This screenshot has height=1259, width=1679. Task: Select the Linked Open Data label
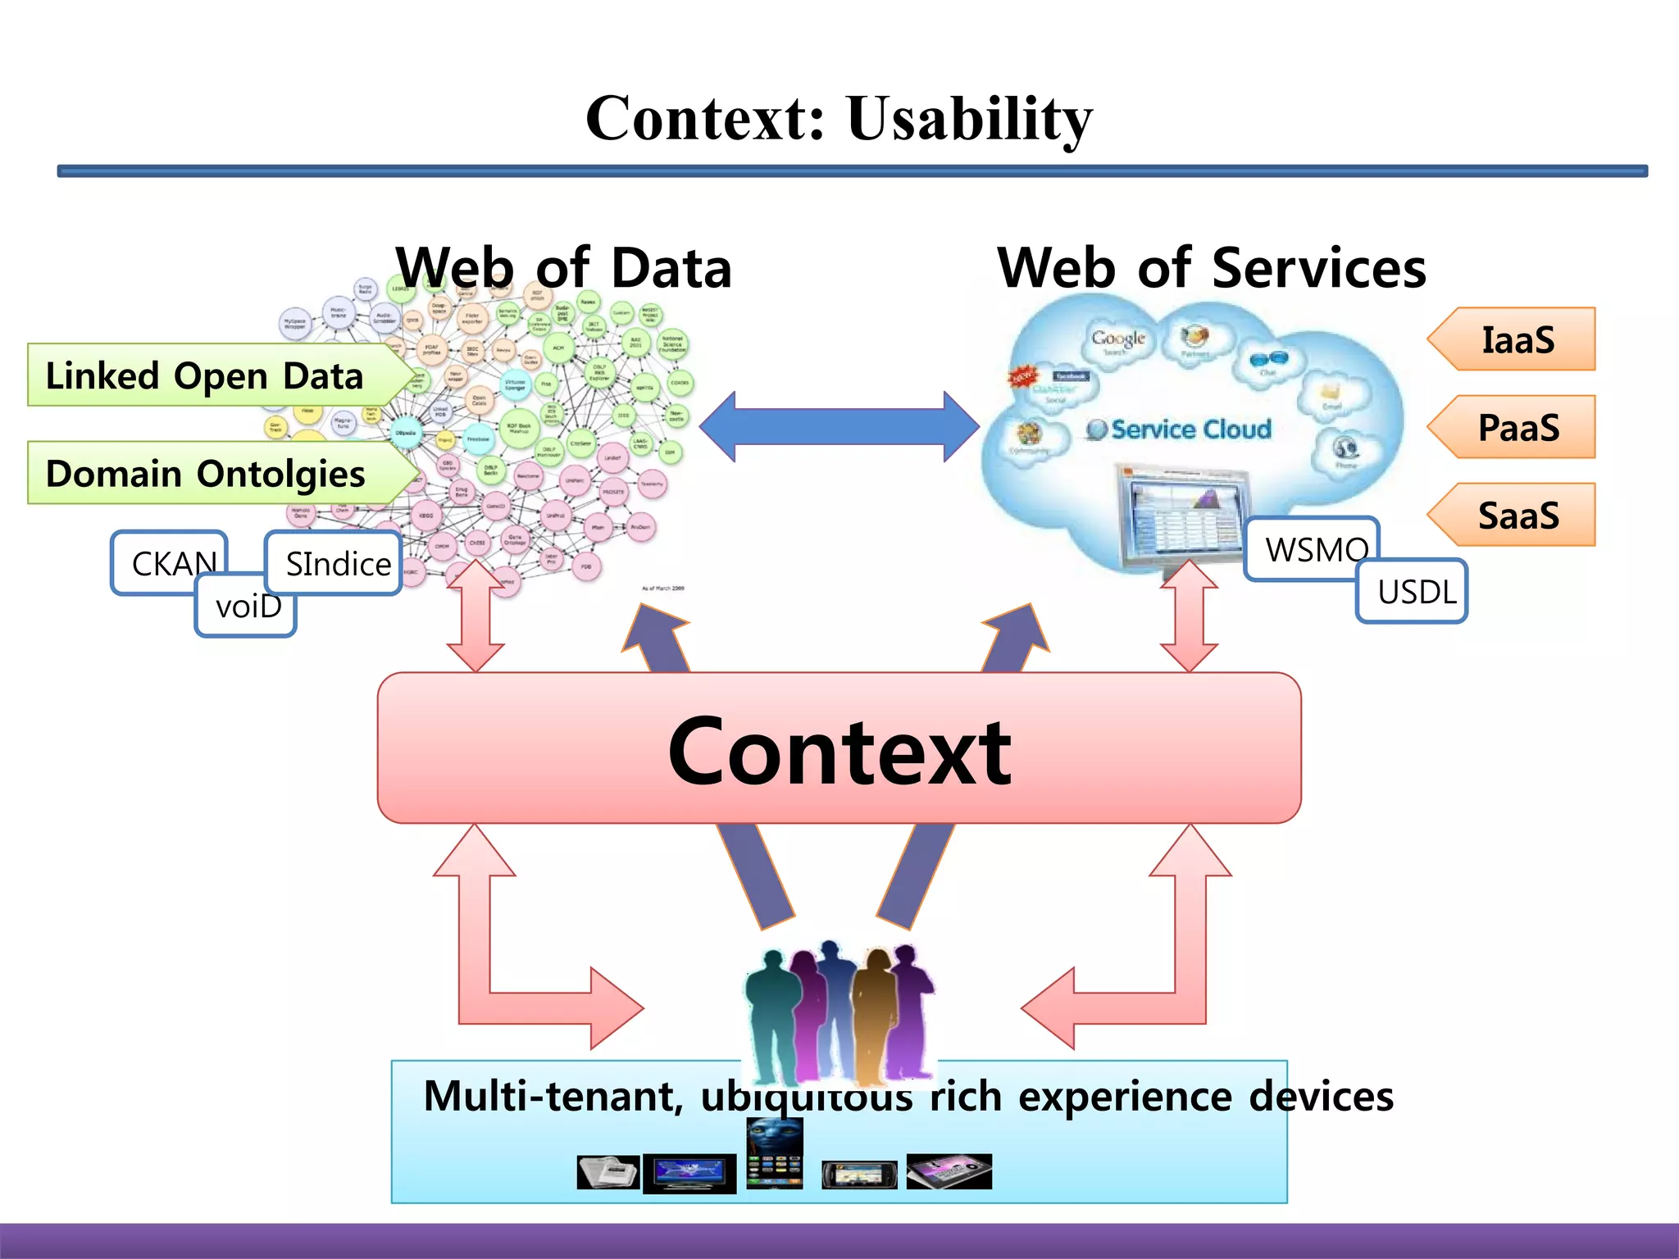tap(205, 376)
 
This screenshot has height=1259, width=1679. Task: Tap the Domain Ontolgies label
tap(205, 474)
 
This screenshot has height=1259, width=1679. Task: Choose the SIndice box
tap(336, 563)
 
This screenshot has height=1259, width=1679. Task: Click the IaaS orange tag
tap(1517, 339)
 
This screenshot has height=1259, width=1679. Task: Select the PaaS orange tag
tap(1517, 427)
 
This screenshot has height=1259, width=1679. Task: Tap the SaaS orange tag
tap(1517, 515)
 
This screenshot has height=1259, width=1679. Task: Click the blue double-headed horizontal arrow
tap(839, 426)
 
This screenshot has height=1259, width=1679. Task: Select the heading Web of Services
tap(1211, 268)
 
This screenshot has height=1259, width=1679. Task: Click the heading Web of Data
tap(563, 268)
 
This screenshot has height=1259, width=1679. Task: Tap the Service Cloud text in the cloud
tap(1189, 429)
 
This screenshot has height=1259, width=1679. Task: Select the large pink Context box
tap(839, 748)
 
